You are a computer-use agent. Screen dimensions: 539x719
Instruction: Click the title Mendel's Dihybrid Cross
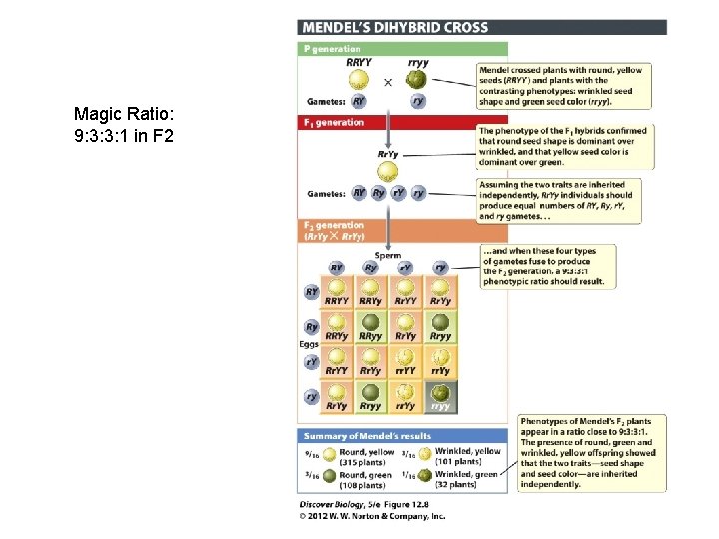(x=396, y=27)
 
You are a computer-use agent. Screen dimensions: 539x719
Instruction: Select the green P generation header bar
(x=403, y=49)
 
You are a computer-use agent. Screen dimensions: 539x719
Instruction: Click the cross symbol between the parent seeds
(x=388, y=82)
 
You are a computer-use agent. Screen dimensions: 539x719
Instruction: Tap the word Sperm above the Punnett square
(x=388, y=256)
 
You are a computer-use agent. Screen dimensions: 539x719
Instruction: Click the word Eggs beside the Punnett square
(x=311, y=344)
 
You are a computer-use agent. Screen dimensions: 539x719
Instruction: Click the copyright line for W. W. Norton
(x=371, y=516)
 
